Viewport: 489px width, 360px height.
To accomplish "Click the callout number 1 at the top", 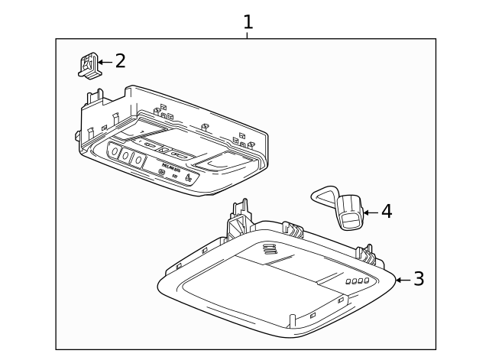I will [x=248, y=21].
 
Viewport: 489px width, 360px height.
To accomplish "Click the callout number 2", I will [x=120, y=61].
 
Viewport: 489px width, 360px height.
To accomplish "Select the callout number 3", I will [x=418, y=279].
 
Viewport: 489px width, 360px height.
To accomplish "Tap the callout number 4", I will [x=387, y=211].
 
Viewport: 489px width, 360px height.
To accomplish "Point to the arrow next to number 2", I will [x=104, y=61].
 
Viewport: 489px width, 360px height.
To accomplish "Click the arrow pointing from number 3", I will [x=402, y=280].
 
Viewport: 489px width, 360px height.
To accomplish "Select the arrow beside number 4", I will [x=371, y=212].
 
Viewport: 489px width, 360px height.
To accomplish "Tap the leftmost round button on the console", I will [x=115, y=151].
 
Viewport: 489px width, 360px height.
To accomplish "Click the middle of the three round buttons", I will [x=127, y=156].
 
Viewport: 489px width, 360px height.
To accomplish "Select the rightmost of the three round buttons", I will [x=138, y=160].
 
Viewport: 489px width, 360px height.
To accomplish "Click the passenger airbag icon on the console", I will [x=188, y=180].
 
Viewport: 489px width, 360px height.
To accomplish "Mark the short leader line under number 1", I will [x=248, y=35].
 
